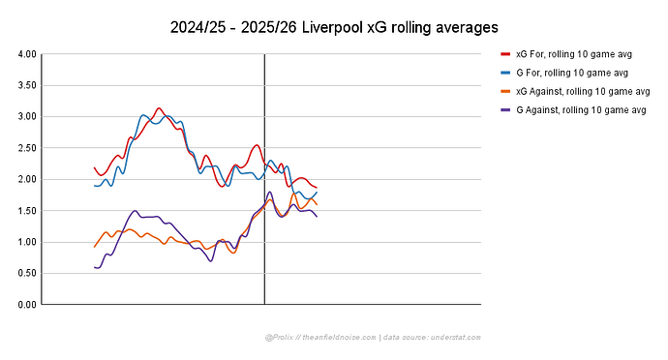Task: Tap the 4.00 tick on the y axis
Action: [x=28, y=54]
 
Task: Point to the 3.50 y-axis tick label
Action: [x=28, y=85]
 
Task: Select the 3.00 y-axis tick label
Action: [x=28, y=117]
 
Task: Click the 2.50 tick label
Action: [x=28, y=148]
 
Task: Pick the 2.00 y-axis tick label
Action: [x=28, y=179]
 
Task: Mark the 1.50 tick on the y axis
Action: [x=28, y=211]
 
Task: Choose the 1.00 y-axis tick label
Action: [x=28, y=242]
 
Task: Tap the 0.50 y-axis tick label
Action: [x=28, y=273]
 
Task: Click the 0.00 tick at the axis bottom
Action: [x=28, y=305]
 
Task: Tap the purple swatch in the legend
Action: [x=505, y=110]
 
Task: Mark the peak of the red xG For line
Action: [x=160, y=108]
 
